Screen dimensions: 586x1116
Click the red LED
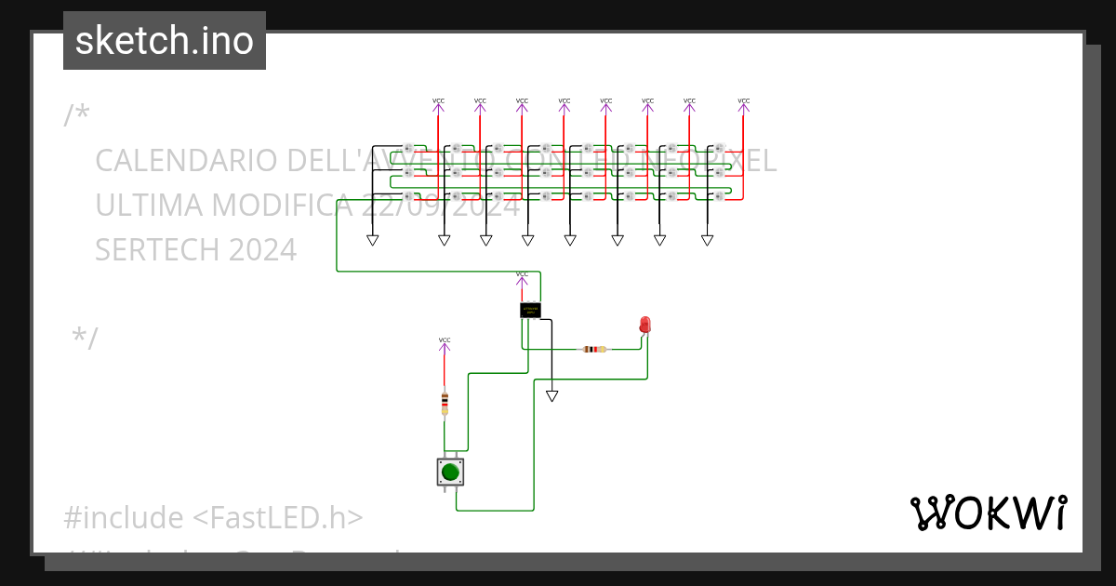click(x=645, y=325)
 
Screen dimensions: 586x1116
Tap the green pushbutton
click(x=451, y=472)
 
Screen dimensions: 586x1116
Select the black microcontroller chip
click(x=530, y=310)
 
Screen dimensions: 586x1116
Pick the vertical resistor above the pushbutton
click(x=445, y=403)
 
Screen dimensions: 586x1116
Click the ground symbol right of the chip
click(x=552, y=396)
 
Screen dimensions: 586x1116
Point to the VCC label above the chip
click(x=522, y=274)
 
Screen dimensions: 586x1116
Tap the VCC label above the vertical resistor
click(x=445, y=340)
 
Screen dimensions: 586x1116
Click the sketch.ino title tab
click(x=165, y=41)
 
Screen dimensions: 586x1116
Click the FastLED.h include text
click(x=279, y=517)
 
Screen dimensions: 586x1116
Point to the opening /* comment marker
click(x=77, y=114)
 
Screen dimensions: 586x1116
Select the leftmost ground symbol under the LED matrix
click(x=373, y=240)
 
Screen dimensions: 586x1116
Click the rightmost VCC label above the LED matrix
click(x=743, y=101)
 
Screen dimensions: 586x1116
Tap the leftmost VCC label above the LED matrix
click(x=439, y=101)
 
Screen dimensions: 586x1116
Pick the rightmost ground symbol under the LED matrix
click(x=707, y=240)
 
